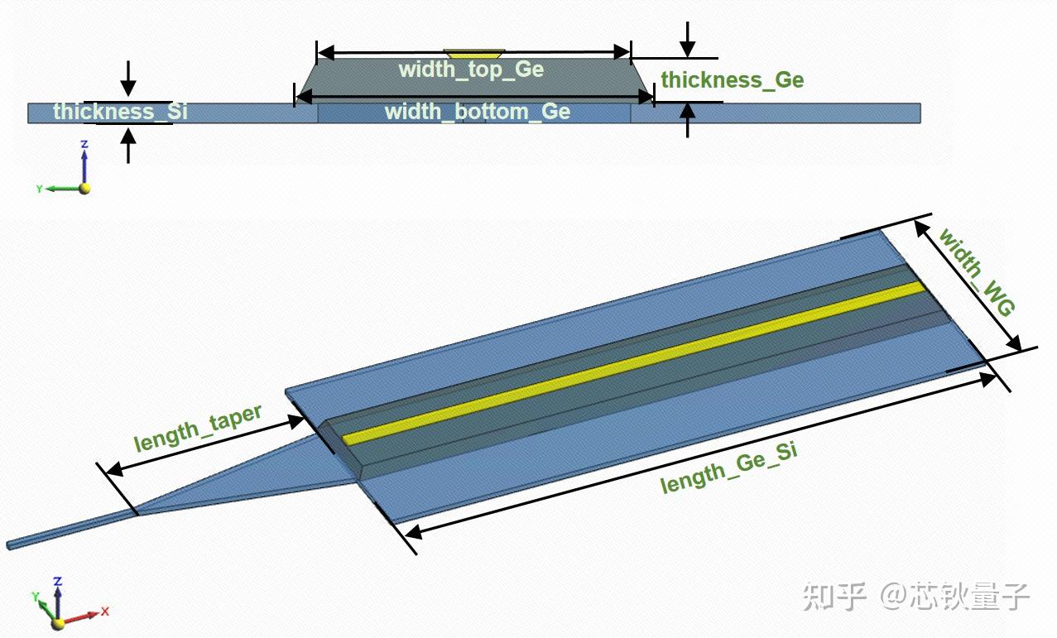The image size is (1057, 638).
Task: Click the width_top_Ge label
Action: (472, 70)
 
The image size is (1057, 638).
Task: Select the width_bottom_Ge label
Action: (478, 112)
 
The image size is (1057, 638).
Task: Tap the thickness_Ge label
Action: (733, 79)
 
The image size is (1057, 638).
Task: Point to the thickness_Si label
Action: (120, 112)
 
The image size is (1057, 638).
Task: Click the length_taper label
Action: (198, 429)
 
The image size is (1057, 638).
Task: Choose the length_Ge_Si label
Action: (729, 468)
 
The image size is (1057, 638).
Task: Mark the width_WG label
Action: (977, 272)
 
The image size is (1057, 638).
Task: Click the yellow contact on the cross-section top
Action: (474, 53)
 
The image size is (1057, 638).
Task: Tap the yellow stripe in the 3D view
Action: (632, 363)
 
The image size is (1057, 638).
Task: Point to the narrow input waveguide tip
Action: (8, 545)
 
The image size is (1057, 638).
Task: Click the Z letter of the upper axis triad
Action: (84, 144)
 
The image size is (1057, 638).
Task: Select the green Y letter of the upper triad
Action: (40, 189)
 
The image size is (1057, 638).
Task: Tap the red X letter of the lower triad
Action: (105, 611)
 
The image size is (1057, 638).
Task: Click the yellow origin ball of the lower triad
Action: (58, 624)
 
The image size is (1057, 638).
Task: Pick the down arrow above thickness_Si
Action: (127, 78)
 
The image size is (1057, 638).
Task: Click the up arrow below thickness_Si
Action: (127, 146)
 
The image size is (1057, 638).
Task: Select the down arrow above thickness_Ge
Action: (688, 40)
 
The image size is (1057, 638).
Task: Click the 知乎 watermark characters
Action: (834, 597)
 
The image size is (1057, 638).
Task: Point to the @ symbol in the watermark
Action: (894, 597)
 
